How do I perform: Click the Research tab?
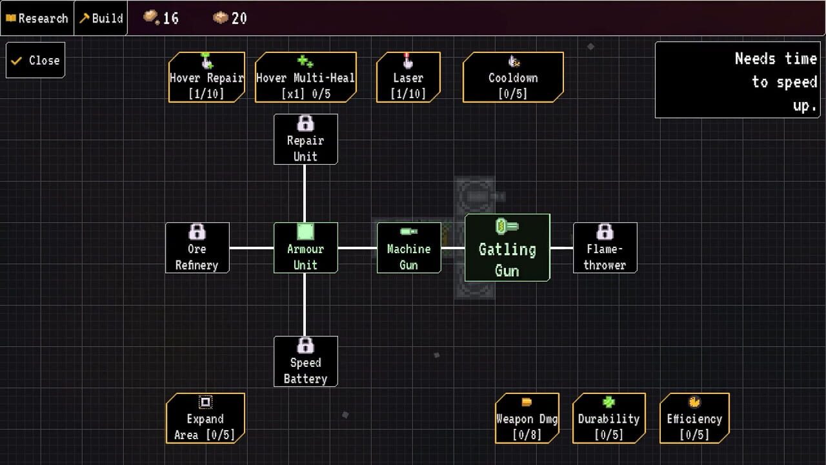click(37, 18)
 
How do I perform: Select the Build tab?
click(101, 18)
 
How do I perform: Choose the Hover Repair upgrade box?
click(206, 77)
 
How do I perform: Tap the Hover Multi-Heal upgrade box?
click(305, 77)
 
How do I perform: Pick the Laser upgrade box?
click(408, 77)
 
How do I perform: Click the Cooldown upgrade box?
click(513, 77)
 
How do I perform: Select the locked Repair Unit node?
click(305, 139)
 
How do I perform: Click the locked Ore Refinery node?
click(197, 248)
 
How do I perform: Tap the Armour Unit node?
click(305, 248)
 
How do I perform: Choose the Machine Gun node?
click(408, 248)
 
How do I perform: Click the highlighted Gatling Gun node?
click(507, 248)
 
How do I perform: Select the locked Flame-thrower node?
click(605, 248)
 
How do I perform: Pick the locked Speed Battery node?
click(305, 362)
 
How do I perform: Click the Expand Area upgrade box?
click(205, 418)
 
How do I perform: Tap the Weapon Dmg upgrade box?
click(527, 418)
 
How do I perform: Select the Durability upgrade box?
click(609, 418)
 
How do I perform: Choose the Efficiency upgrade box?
click(694, 418)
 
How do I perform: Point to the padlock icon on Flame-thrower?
click(605, 231)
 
